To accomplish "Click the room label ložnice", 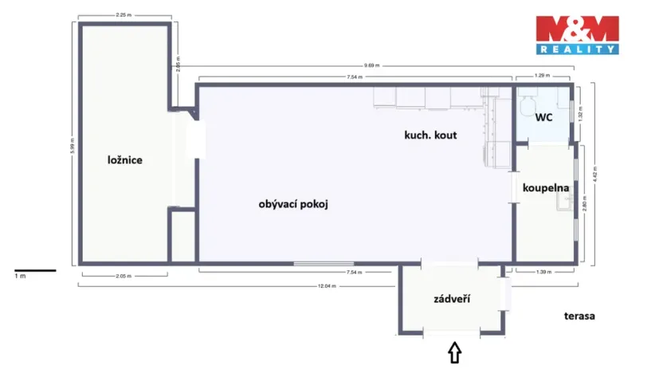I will pyautogui.click(x=124, y=160).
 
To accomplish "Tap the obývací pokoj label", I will pyautogui.click(x=293, y=204).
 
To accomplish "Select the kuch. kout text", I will pyautogui.click(x=430, y=135).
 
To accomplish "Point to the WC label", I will pyautogui.click(x=544, y=118).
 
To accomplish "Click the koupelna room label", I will pyautogui.click(x=545, y=188).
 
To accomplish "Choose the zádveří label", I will pyautogui.click(x=451, y=299).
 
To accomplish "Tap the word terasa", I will pyautogui.click(x=580, y=316).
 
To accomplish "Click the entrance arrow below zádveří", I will pyautogui.click(x=454, y=351).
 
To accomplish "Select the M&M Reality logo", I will pyautogui.click(x=576, y=34).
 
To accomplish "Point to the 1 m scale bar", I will pyautogui.click(x=35, y=271).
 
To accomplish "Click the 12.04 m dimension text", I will pyautogui.click(x=325, y=286).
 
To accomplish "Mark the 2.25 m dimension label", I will pyautogui.click(x=123, y=14).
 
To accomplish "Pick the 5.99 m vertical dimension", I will pyautogui.click(x=73, y=143).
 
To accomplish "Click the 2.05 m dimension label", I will pyautogui.click(x=123, y=277).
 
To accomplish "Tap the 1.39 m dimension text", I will pyautogui.click(x=544, y=273).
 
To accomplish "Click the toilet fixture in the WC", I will pyautogui.click(x=527, y=104).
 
